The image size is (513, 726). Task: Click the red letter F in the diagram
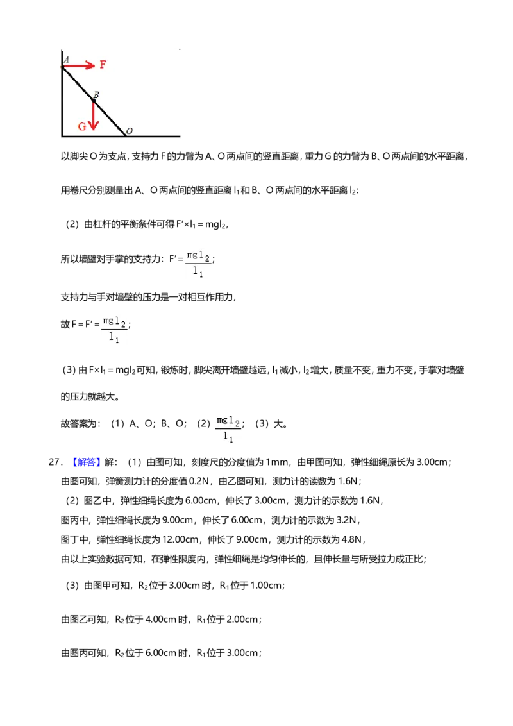[103, 64]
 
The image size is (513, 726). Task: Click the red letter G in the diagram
[82, 126]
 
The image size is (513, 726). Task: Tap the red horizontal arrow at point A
[78, 66]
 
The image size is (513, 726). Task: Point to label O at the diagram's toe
[130, 131]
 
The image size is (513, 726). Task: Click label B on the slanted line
[96, 94]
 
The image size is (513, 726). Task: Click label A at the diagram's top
[66, 59]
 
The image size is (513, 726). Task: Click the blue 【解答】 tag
[84, 462]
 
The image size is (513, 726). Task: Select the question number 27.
[55, 462]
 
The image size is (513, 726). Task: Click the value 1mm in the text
[276, 462]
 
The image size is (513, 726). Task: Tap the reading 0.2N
[199, 481]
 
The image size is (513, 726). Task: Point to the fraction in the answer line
[228, 429]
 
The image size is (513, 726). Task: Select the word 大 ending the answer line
[278, 424]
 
